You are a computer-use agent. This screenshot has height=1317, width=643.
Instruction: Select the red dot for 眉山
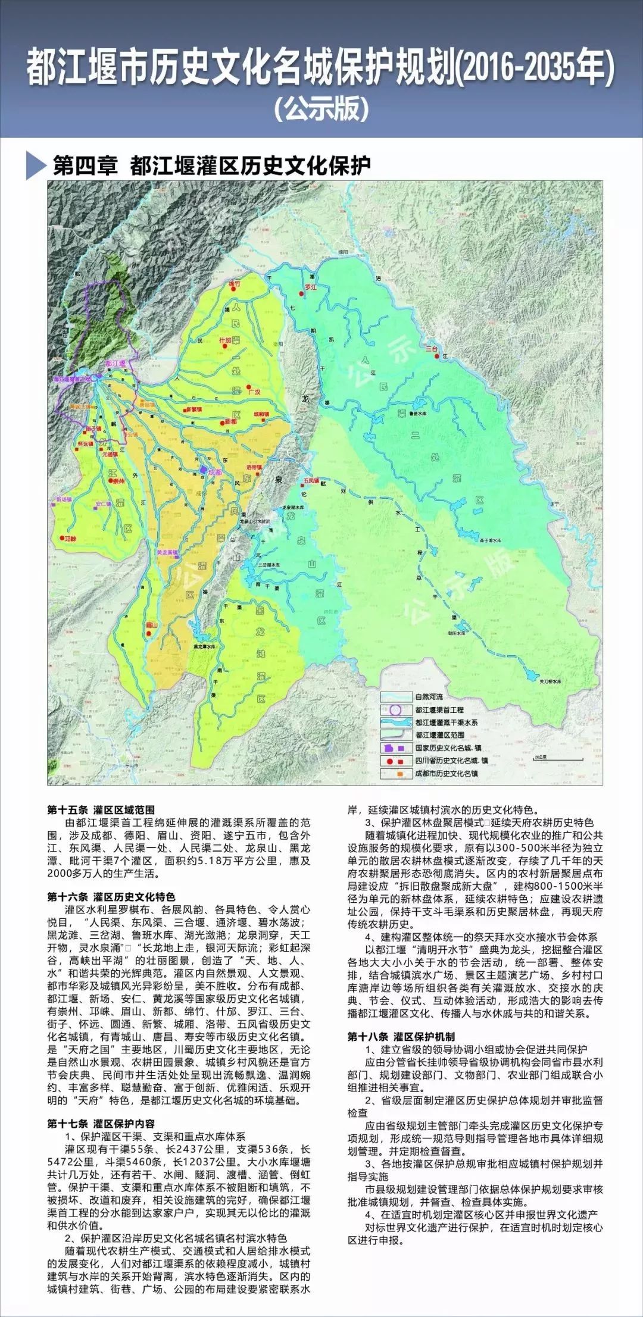146,625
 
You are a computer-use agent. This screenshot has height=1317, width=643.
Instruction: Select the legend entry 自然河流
429,696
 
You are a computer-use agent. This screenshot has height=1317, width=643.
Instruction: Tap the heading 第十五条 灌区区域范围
101,810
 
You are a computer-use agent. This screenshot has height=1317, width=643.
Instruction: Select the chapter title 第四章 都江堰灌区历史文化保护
212,165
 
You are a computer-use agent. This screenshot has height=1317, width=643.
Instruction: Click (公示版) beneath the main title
321,108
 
